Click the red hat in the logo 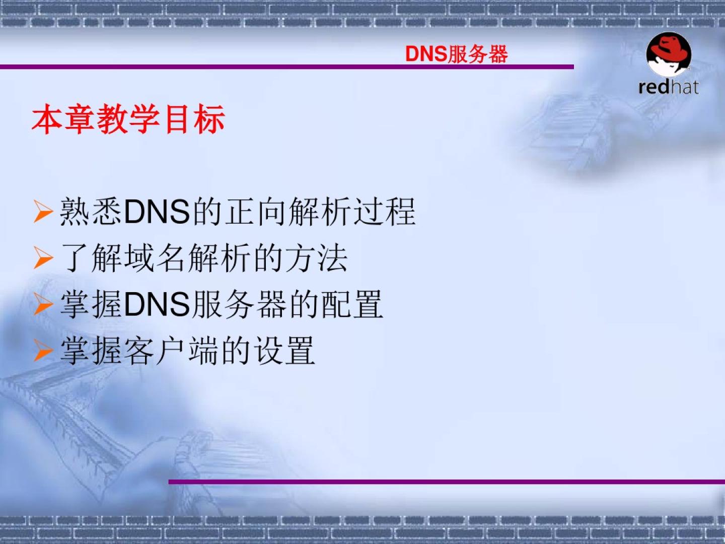click(x=669, y=49)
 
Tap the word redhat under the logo click(x=669, y=87)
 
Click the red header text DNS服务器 click(x=456, y=54)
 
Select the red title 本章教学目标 click(x=128, y=119)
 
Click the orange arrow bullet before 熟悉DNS click(x=43, y=211)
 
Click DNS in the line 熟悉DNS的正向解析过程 click(x=157, y=212)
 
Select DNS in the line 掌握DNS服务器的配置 click(x=157, y=304)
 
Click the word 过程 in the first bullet click(x=384, y=212)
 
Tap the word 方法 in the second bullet click(x=316, y=258)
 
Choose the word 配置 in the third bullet click(x=352, y=304)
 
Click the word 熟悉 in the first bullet click(x=90, y=212)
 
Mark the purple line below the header click(x=286, y=67)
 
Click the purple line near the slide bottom click(x=447, y=482)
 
